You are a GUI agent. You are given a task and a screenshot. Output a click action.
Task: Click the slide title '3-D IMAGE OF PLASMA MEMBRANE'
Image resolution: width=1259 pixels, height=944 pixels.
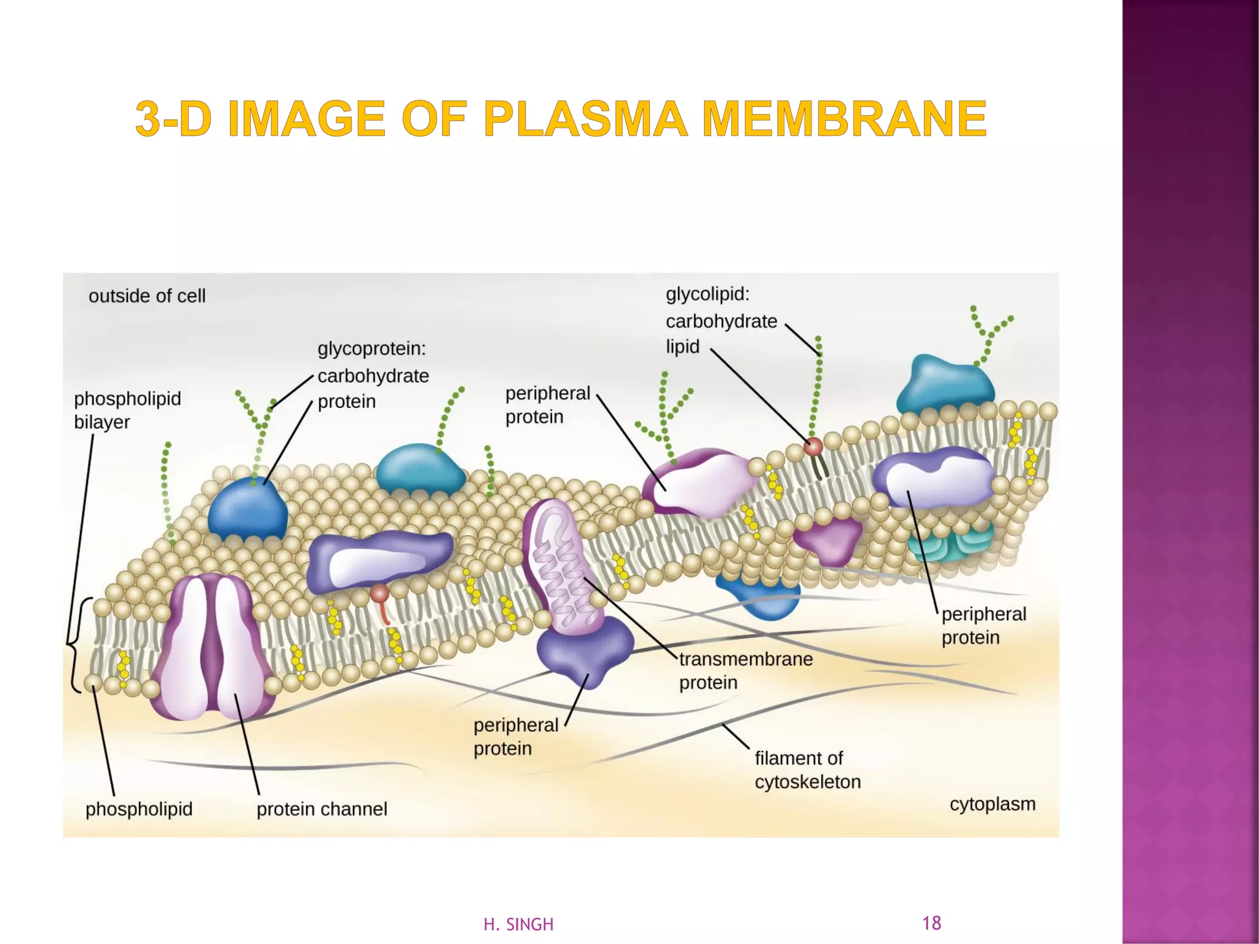pos(561,118)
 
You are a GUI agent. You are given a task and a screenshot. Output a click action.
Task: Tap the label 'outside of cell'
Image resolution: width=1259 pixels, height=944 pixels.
pos(147,296)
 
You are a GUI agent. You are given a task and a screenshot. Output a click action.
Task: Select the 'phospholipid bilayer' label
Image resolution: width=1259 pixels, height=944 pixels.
pos(127,410)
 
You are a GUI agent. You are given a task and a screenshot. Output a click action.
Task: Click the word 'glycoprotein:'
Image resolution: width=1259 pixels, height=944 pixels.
pos(371,349)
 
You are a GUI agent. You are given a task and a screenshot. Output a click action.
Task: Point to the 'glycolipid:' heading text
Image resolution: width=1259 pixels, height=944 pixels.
pos(708,294)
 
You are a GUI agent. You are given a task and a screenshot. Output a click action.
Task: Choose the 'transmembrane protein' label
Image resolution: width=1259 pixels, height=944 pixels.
pos(745,671)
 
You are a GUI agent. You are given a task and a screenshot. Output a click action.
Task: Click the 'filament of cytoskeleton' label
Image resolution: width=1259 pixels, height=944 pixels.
pos(807,769)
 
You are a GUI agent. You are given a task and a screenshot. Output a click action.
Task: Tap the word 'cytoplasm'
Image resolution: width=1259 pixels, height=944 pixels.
pos(992,804)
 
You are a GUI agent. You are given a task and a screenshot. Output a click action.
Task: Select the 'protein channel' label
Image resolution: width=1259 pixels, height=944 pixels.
pos(322,809)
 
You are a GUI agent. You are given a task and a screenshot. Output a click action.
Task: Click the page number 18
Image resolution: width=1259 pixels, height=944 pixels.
pos(931,922)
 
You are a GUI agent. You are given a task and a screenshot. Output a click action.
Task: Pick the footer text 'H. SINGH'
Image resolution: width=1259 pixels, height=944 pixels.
pos(518,924)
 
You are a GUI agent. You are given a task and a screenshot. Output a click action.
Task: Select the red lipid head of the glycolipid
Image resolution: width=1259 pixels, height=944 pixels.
pos(813,446)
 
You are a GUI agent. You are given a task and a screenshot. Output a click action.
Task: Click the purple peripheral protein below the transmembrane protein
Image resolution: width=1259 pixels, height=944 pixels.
pos(584,651)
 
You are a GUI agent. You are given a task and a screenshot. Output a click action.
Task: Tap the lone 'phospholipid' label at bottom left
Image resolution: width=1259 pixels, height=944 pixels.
pos(139,809)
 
